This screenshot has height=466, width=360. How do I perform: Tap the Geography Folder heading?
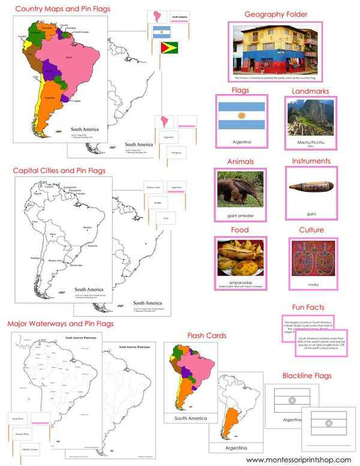(276, 14)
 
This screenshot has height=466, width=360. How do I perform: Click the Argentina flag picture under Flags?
(240, 115)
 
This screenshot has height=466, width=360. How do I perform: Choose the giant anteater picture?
(240, 189)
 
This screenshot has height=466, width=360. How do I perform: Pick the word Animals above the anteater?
(240, 161)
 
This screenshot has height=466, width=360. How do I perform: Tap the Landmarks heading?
(310, 91)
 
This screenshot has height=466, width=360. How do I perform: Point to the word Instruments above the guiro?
(310, 161)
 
